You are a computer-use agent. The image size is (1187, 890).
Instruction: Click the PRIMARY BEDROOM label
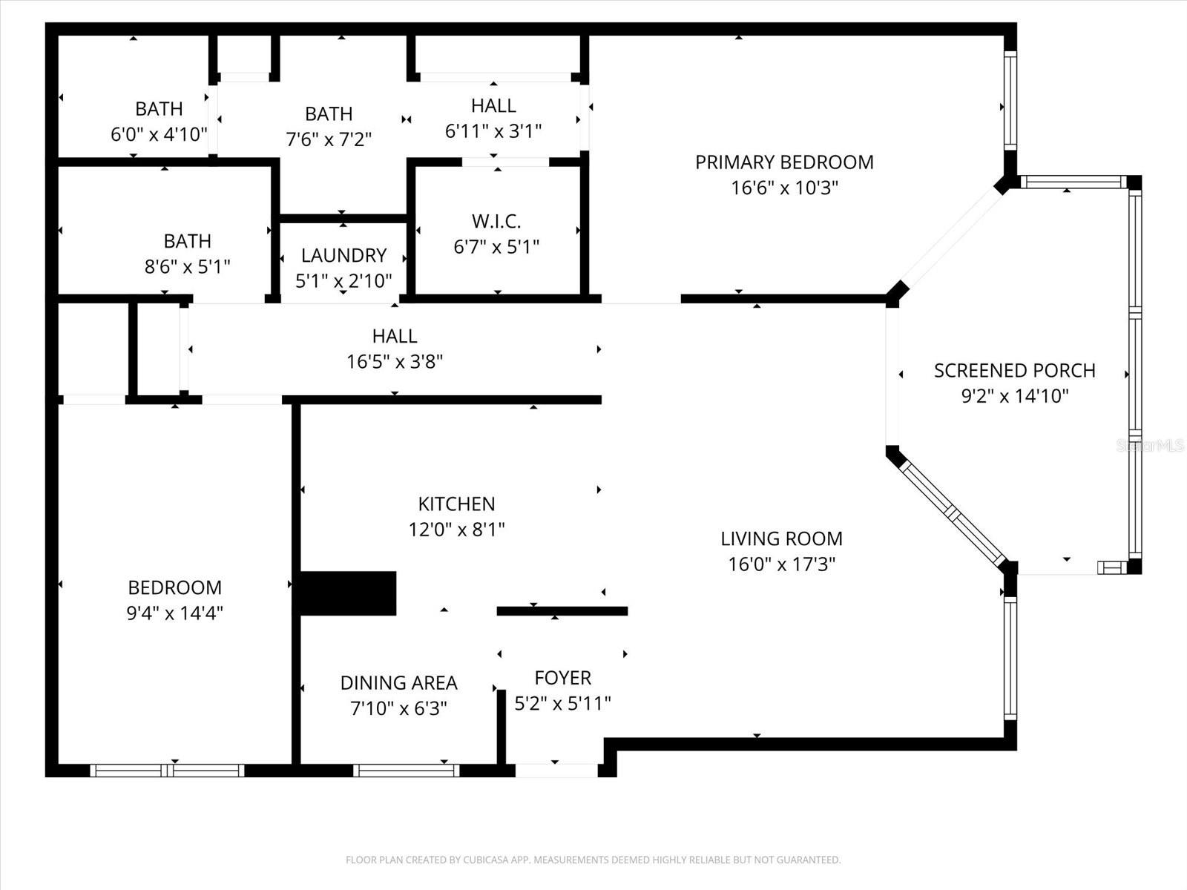pos(784,162)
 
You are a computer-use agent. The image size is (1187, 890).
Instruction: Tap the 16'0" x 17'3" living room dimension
pos(781,564)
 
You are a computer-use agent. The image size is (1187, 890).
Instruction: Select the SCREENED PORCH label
pos(1014,370)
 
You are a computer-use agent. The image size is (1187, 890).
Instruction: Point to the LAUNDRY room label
pos(343,255)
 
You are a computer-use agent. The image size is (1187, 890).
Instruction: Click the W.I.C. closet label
pos(496,221)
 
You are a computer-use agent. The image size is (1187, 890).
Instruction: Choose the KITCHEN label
pos(456,504)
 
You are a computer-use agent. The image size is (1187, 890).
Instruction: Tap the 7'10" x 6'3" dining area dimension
pos(398,708)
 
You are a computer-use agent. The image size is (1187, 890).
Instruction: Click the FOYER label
pos(562,677)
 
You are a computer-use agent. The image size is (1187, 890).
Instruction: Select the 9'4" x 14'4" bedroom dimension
pos(174,613)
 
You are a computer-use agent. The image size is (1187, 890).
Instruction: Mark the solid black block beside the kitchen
pos(347,593)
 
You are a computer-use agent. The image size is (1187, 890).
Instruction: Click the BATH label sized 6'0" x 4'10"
pos(159,109)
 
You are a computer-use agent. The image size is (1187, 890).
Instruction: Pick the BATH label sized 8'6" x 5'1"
pos(187,241)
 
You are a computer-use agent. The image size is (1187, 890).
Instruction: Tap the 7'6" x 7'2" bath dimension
pos(329,139)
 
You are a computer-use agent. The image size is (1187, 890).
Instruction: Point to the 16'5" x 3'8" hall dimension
pos(395,362)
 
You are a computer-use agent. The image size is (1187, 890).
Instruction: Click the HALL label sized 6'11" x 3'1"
pos(493,105)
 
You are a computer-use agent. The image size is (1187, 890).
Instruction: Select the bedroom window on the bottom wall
pos(168,771)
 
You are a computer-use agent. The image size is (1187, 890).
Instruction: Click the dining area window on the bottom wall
pos(406,771)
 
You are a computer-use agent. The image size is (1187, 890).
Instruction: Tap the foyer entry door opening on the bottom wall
pos(556,771)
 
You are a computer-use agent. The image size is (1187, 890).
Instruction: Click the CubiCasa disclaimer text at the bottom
pos(593,860)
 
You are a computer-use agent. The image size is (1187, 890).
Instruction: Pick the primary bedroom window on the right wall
pos(1010,101)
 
